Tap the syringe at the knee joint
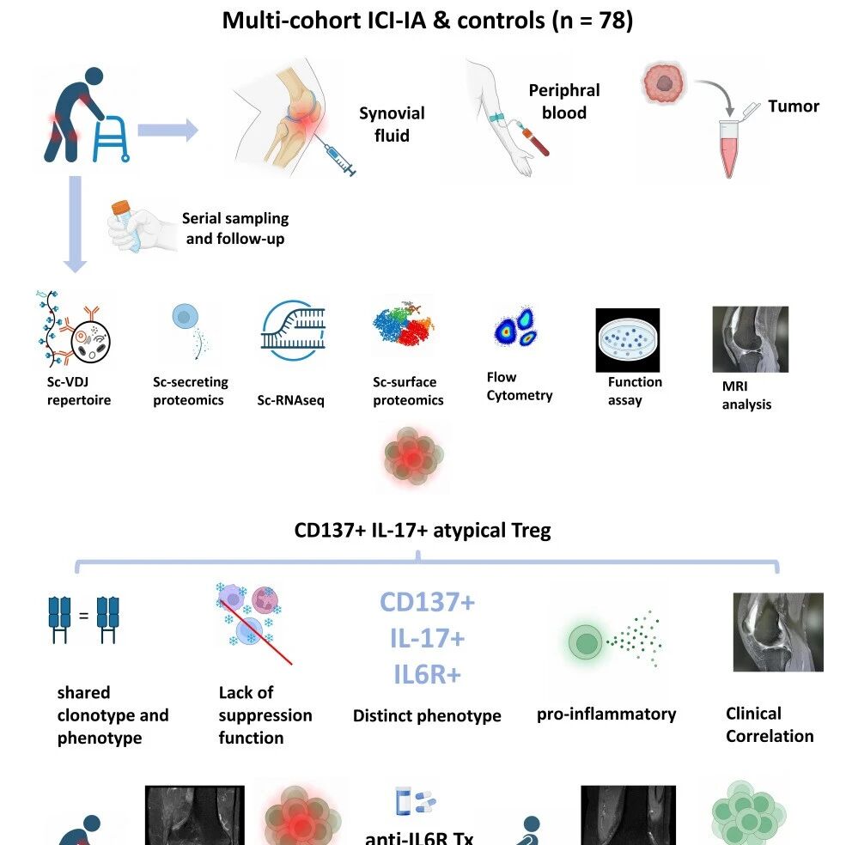335,155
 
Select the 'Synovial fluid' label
392,125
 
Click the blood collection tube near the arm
536,141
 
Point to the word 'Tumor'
793,106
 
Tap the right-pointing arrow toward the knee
167,130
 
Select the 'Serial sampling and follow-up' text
235,228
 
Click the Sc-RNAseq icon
293,331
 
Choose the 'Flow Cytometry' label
519,386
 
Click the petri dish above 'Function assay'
628,340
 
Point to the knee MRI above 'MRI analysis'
750,339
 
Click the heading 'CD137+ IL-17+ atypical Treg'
423,531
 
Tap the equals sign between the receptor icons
83,616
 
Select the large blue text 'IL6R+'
428,674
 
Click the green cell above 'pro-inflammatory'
586,642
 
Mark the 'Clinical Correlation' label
770,725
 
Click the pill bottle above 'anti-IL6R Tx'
403,800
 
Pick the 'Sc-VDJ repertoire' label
79,392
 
